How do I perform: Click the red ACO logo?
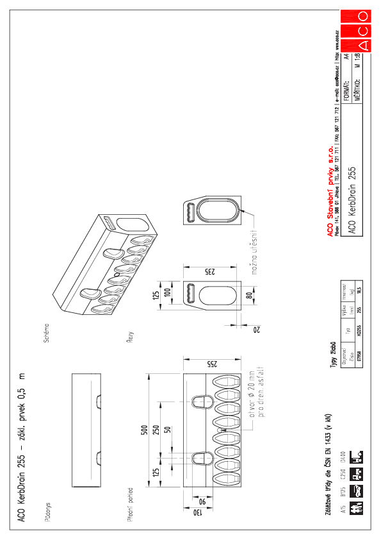point(356,30)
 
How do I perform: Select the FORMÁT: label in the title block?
point(346,89)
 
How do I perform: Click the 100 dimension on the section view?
point(168,292)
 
